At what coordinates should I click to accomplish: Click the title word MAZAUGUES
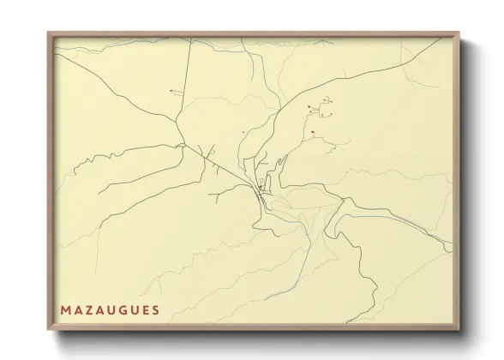point(110,309)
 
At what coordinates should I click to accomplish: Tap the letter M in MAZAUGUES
point(65,309)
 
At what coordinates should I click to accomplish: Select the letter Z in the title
point(88,309)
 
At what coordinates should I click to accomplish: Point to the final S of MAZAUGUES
point(155,309)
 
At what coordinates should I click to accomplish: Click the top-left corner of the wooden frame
point(48,33)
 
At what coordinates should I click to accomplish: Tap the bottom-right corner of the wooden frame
point(459,331)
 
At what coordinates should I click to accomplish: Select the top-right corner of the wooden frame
point(459,33)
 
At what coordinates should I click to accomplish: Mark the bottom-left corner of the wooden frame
point(48,331)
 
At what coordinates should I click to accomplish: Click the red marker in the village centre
point(260,188)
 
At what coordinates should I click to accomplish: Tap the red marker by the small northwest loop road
point(171,90)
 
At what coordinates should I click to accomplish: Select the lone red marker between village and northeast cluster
point(244,132)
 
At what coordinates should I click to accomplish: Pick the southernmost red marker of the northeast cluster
point(314,131)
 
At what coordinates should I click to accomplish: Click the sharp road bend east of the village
point(343,200)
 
